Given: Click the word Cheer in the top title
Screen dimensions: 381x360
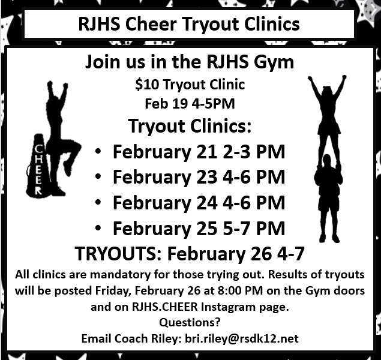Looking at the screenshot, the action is pos(151,24).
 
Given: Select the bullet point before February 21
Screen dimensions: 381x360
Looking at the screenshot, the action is pos(98,151).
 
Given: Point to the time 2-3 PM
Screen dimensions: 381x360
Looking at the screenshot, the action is pos(254,152).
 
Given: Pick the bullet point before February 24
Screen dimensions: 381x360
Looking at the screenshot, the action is pos(98,202).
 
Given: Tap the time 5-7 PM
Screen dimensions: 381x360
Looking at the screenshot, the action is pos(254,229).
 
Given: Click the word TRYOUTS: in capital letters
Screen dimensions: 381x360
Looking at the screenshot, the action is pos(118,254).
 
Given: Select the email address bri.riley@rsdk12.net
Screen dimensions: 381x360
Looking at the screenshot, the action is pos(242,338).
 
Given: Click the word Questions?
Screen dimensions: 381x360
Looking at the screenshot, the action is pos(190,322).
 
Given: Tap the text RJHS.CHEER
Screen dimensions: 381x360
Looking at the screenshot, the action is pos(165,307).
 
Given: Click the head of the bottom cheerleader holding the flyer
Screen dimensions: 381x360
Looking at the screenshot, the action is pos(327,161).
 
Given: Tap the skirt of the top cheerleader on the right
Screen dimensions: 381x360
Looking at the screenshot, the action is pos(329,127).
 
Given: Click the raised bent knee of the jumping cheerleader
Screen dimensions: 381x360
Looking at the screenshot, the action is pos(77,146).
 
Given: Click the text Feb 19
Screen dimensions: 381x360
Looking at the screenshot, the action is pos(166,104).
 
